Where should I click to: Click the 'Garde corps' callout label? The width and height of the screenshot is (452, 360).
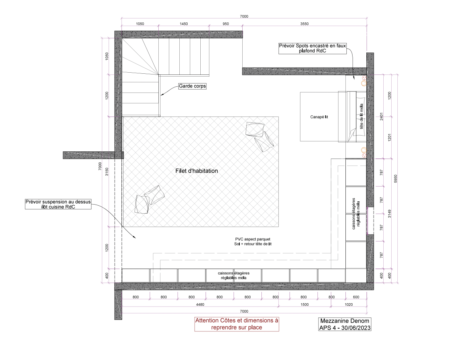[x=192, y=86]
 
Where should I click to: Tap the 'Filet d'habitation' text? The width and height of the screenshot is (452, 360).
[x=197, y=171]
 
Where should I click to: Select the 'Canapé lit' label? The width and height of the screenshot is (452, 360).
[x=319, y=117]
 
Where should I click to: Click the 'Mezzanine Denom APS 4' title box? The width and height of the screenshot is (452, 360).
[x=345, y=324]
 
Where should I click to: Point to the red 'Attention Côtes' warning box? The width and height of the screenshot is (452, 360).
[x=237, y=324]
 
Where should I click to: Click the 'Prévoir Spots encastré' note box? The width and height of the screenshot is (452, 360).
[x=312, y=48]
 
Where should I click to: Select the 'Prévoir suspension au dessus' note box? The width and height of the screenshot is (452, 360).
[x=58, y=204]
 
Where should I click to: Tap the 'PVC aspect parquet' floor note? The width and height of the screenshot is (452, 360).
[x=253, y=241]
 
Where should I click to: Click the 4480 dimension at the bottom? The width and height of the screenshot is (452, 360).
[x=200, y=305]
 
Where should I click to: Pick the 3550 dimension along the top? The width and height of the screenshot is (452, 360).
[x=304, y=24]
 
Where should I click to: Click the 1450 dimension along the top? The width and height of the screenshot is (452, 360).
[x=184, y=24]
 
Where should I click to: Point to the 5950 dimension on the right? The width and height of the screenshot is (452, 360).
[x=396, y=179]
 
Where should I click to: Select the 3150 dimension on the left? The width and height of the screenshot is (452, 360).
[x=107, y=172]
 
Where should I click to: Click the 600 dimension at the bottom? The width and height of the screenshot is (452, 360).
[x=356, y=297]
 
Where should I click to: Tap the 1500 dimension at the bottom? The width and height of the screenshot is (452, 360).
[x=304, y=305]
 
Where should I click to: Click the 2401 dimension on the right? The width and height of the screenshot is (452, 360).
[x=381, y=116]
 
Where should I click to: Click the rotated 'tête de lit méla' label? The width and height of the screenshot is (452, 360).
[x=361, y=116]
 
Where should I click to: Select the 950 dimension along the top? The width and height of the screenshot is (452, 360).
[x=226, y=24]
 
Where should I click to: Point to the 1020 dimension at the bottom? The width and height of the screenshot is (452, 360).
[x=349, y=305]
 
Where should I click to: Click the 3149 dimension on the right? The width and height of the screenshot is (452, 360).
[x=389, y=214]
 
